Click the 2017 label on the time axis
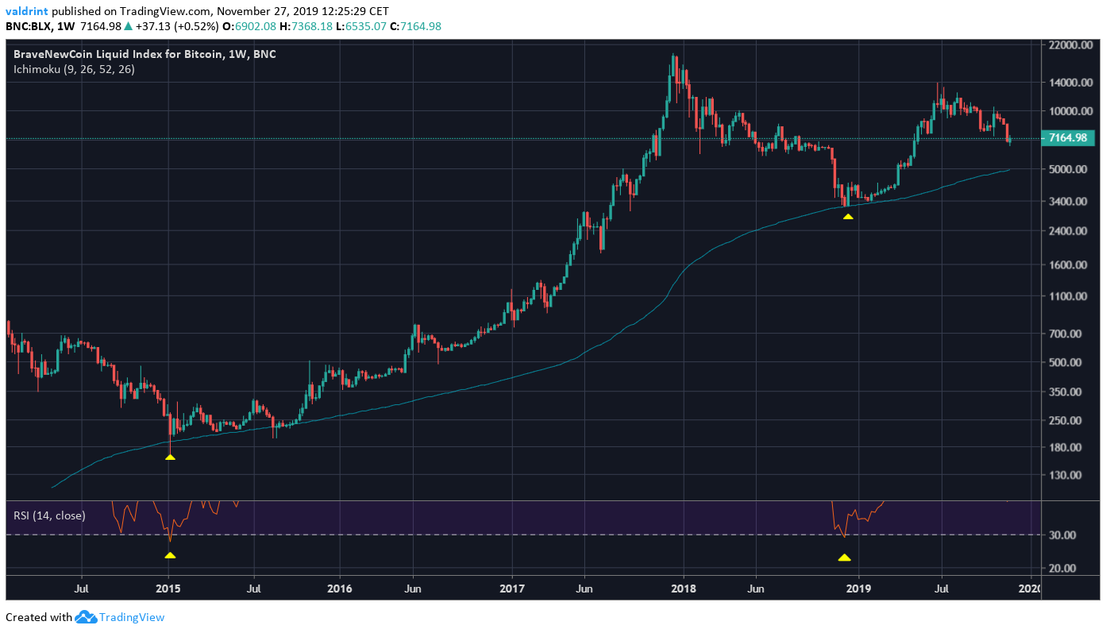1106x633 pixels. click(x=513, y=589)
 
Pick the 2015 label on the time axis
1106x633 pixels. click(x=168, y=589)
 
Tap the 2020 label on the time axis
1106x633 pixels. click(x=1030, y=589)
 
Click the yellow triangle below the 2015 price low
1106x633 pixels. click(x=170, y=457)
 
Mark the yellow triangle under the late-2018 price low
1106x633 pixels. click(x=848, y=216)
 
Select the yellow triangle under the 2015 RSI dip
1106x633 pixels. click(x=170, y=555)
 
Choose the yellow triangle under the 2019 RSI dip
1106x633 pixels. click(x=844, y=558)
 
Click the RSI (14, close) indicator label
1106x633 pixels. click(x=49, y=515)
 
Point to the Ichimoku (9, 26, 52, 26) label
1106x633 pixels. click(x=74, y=69)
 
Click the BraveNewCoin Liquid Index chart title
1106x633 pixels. click(x=145, y=54)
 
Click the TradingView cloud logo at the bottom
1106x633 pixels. click(x=85, y=617)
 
